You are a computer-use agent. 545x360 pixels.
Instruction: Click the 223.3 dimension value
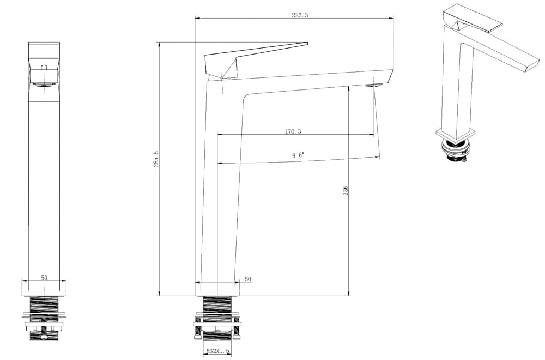pyautogui.click(x=300, y=15)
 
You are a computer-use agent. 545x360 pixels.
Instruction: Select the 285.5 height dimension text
pyautogui.click(x=156, y=159)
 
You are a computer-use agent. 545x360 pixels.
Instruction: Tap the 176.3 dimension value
pyautogui.click(x=293, y=131)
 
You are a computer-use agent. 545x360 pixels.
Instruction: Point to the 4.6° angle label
pyautogui.click(x=298, y=155)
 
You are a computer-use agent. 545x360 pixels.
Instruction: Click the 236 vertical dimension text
pyautogui.click(x=345, y=190)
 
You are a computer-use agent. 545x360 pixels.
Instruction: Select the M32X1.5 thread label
pyautogui.click(x=217, y=352)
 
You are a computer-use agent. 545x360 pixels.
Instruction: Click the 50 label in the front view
pyautogui.click(x=44, y=278)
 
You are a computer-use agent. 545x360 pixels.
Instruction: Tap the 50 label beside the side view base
pyautogui.click(x=248, y=279)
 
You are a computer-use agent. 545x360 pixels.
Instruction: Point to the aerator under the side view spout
pyautogui.click(x=374, y=85)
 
